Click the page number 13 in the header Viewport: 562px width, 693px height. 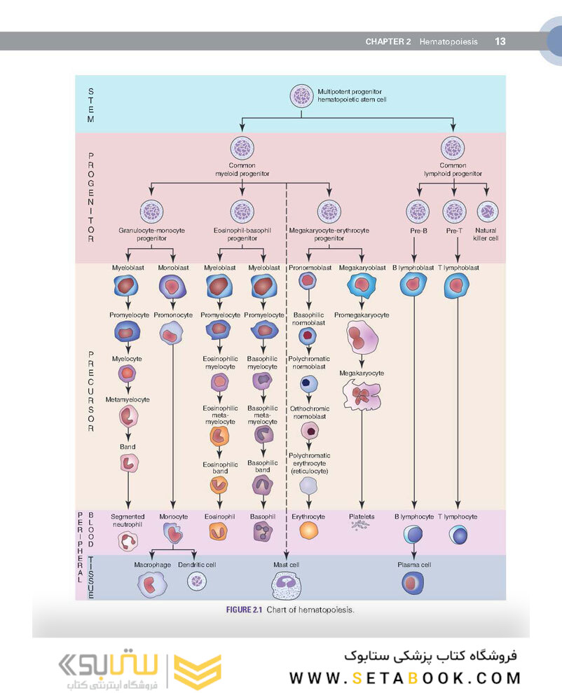500,41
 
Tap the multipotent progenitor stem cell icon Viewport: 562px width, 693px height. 302,96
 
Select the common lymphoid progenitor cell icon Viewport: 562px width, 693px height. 453,149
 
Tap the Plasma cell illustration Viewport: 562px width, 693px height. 413,583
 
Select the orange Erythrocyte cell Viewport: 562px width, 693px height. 308,530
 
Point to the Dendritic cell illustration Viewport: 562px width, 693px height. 197,581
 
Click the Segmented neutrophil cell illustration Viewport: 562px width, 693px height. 128,541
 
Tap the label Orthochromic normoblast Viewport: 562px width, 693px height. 308,412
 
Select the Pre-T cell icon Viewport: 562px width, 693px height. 453,210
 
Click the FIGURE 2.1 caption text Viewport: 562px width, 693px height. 289,610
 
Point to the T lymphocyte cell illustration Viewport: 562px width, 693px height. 458,535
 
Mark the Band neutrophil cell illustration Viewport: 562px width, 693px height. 128,463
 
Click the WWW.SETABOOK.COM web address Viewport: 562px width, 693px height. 406,678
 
